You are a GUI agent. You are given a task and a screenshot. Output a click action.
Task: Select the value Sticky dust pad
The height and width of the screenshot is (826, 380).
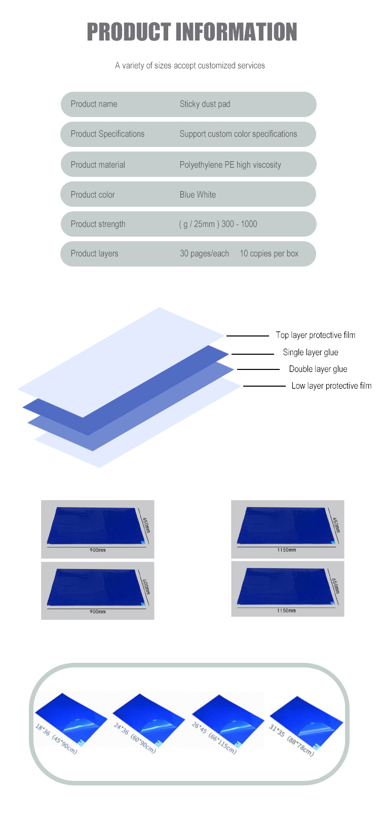click(x=205, y=104)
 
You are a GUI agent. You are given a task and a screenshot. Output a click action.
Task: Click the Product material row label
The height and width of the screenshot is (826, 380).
click(x=98, y=165)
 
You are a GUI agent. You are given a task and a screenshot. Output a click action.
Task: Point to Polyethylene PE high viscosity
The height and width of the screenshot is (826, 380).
click(x=230, y=165)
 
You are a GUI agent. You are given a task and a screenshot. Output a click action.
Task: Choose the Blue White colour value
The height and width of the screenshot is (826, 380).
click(x=198, y=195)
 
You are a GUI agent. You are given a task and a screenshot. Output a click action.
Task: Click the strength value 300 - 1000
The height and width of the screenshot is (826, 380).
click(x=239, y=224)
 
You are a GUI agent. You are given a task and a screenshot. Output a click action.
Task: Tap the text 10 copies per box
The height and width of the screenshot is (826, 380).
click(x=269, y=253)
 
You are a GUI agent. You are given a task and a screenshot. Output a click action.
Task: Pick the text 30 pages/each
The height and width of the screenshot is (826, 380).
click(x=204, y=253)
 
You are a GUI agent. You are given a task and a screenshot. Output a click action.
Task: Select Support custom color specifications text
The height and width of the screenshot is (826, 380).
click(x=238, y=134)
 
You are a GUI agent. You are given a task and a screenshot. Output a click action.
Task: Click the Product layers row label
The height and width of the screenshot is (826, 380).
click(x=94, y=253)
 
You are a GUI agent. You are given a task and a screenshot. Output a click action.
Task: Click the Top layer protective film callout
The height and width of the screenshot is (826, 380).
click(x=315, y=335)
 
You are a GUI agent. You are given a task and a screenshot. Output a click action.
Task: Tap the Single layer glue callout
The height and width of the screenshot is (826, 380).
click(x=311, y=352)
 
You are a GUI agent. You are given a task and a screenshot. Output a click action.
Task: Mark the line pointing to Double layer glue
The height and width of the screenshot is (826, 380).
click(x=258, y=369)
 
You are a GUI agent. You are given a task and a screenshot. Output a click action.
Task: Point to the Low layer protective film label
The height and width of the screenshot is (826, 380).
click(x=331, y=386)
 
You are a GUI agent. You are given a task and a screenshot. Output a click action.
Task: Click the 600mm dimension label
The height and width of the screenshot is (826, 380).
click(x=145, y=587)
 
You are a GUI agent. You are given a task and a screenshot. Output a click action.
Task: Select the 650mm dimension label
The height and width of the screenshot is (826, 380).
click(x=335, y=586)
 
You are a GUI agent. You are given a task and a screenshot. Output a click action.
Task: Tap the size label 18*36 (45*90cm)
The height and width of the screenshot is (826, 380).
click(x=56, y=739)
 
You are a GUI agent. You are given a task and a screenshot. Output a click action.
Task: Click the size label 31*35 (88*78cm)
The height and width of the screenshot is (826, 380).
click(x=291, y=740)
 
